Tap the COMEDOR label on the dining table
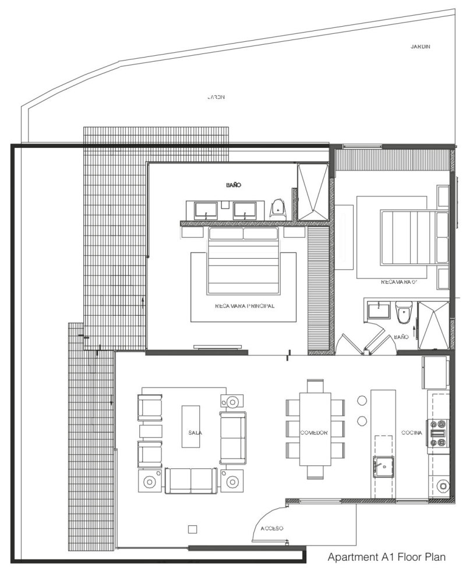(x=315, y=433)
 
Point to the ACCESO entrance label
(x=271, y=528)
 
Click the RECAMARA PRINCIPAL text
(x=244, y=305)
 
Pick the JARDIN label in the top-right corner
(x=419, y=47)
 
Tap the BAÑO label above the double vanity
(x=233, y=185)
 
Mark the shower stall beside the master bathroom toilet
(x=313, y=192)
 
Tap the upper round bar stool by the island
(x=361, y=401)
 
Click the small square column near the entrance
(x=192, y=528)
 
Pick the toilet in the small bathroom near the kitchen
(x=403, y=314)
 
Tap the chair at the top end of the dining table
(x=315, y=386)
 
